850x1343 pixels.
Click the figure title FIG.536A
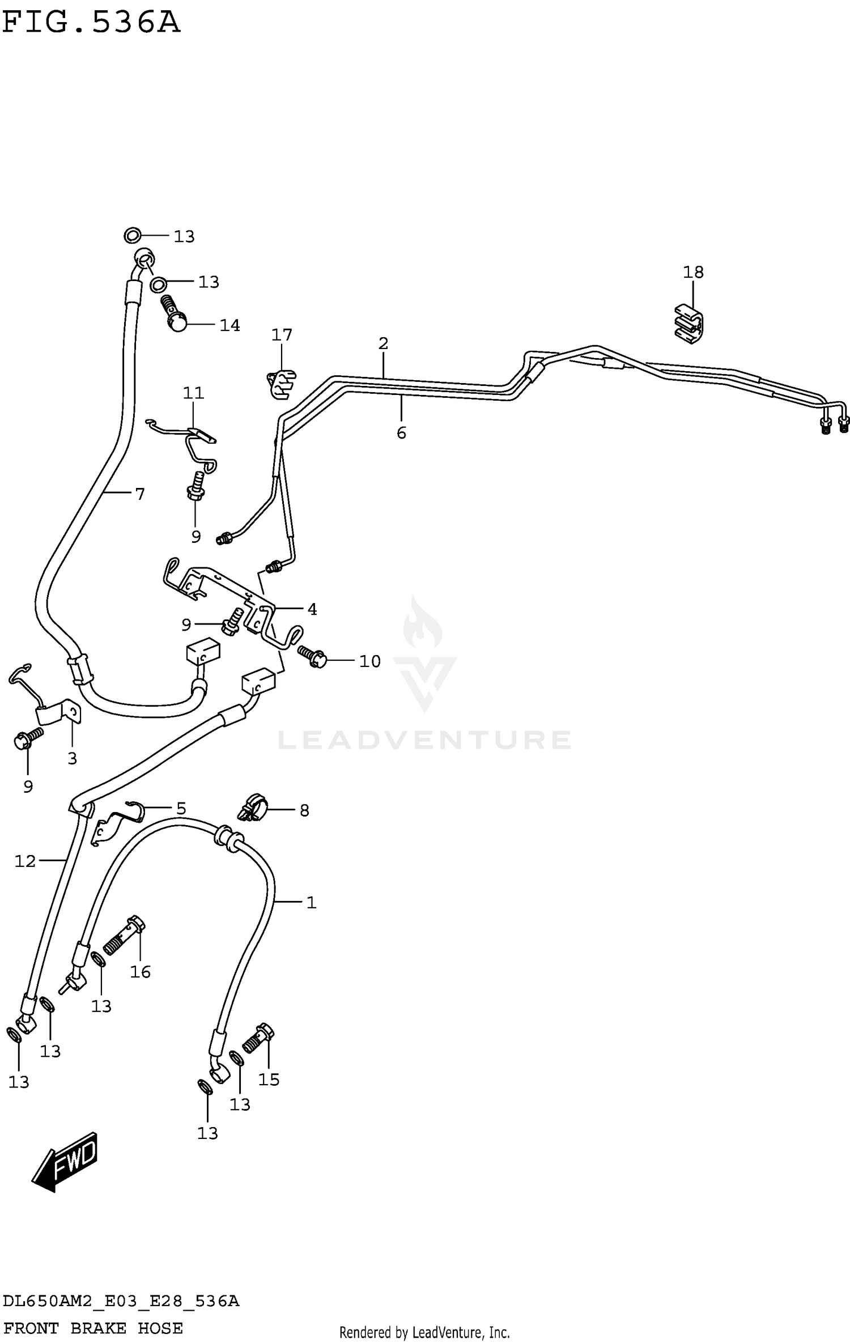(91, 23)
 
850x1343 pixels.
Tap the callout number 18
(693, 273)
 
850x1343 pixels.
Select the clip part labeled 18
(689, 325)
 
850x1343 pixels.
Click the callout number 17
(282, 335)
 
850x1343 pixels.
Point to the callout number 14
(229, 325)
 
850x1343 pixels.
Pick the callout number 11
(193, 393)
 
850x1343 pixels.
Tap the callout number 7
(140, 494)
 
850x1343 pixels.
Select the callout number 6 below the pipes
(401, 433)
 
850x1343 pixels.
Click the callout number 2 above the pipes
(384, 343)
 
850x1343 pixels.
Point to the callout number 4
(312, 610)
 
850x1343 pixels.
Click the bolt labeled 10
(313, 657)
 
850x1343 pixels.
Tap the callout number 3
(72, 758)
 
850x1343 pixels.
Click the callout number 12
(25, 861)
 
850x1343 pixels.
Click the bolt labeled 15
(258, 1037)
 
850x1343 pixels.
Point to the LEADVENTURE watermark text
(424, 741)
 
